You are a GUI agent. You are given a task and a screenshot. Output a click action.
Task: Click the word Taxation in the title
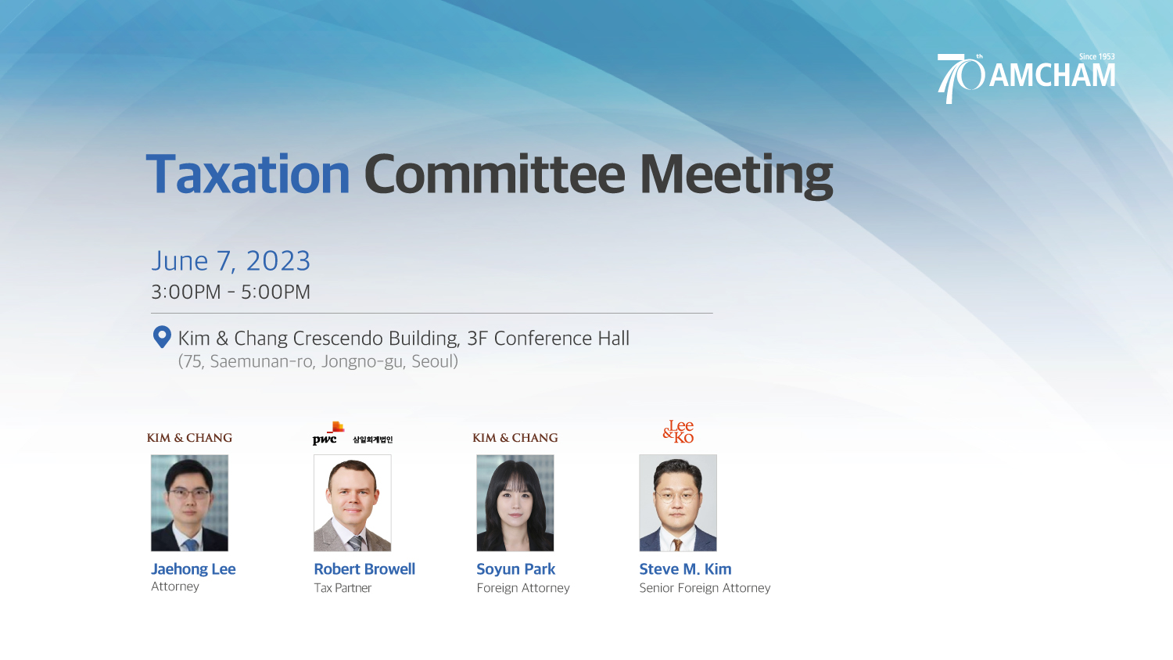point(248,174)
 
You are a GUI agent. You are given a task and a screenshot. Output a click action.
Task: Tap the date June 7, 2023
point(231,261)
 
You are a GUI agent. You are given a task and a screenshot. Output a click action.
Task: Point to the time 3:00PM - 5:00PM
point(231,292)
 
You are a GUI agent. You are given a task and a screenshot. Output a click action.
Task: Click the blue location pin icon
point(162,337)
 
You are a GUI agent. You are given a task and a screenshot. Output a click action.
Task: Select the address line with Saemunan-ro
point(317,361)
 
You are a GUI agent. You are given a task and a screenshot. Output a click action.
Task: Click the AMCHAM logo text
point(1052,76)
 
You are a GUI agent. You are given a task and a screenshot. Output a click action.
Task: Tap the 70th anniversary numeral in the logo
point(960,77)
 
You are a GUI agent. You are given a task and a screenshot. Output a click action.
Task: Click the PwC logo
point(328,434)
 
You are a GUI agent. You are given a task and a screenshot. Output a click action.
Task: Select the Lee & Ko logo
point(678,432)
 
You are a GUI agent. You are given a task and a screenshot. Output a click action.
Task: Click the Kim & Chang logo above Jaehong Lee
point(189,438)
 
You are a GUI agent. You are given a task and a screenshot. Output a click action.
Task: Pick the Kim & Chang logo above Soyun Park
point(515,438)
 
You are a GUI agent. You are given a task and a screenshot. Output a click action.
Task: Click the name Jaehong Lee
point(193,569)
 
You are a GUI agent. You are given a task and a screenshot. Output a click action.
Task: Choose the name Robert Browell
point(364,569)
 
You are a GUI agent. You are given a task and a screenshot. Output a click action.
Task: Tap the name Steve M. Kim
point(686,569)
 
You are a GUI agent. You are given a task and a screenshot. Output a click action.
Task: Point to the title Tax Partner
point(343,588)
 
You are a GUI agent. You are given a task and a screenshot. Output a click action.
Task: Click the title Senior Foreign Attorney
point(705,588)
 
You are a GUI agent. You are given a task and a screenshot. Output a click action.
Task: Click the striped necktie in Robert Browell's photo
point(355,543)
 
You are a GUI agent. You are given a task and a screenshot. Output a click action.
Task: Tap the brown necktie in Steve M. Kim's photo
point(678,545)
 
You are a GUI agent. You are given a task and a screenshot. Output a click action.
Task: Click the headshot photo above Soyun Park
point(515,503)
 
